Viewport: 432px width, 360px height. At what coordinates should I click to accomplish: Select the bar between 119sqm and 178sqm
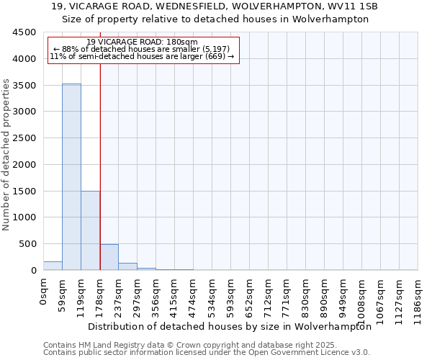tap(90, 230)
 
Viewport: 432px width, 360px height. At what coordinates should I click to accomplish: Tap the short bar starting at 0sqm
tap(53, 266)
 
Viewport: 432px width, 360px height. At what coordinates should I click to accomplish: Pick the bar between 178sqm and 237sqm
tap(109, 257)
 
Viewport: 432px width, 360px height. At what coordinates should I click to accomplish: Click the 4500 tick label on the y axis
tap(24, 32)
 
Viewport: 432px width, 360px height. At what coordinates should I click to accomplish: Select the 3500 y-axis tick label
tap(24, 85)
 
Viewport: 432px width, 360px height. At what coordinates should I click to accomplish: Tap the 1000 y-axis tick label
tap(24, 217)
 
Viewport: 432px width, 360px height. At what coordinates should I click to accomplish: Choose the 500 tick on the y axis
tap(27, 244)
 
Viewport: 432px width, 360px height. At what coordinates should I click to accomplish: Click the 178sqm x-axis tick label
tap(100, 292)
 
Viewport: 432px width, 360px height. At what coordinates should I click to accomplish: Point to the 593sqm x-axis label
tap(231, 292)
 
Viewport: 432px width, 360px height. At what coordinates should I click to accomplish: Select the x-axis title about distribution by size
tap(235, 326)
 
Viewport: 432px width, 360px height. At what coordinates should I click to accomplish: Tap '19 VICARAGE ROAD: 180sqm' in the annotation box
tap(142, 42)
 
